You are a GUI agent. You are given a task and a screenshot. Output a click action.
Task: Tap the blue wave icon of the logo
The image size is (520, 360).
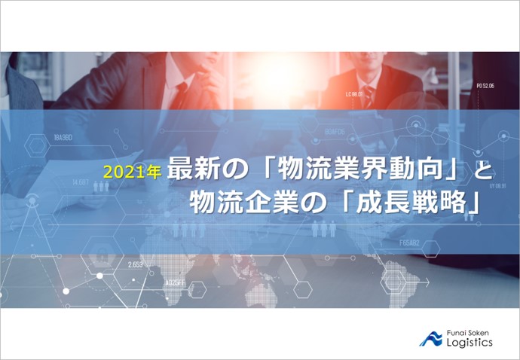pos(432,337)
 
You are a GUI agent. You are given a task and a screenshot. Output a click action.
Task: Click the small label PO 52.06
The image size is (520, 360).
pos(485,87)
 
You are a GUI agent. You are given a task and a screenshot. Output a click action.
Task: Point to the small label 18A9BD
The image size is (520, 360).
pos(63,138)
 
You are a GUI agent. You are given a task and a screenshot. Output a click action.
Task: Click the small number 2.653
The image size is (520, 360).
pos(136,264)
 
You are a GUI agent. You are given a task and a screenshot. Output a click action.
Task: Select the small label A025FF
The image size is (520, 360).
pos(176,283)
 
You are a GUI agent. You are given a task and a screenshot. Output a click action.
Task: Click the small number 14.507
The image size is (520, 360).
pos(81,182)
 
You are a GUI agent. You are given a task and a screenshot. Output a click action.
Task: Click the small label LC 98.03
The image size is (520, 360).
pos(354,95)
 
